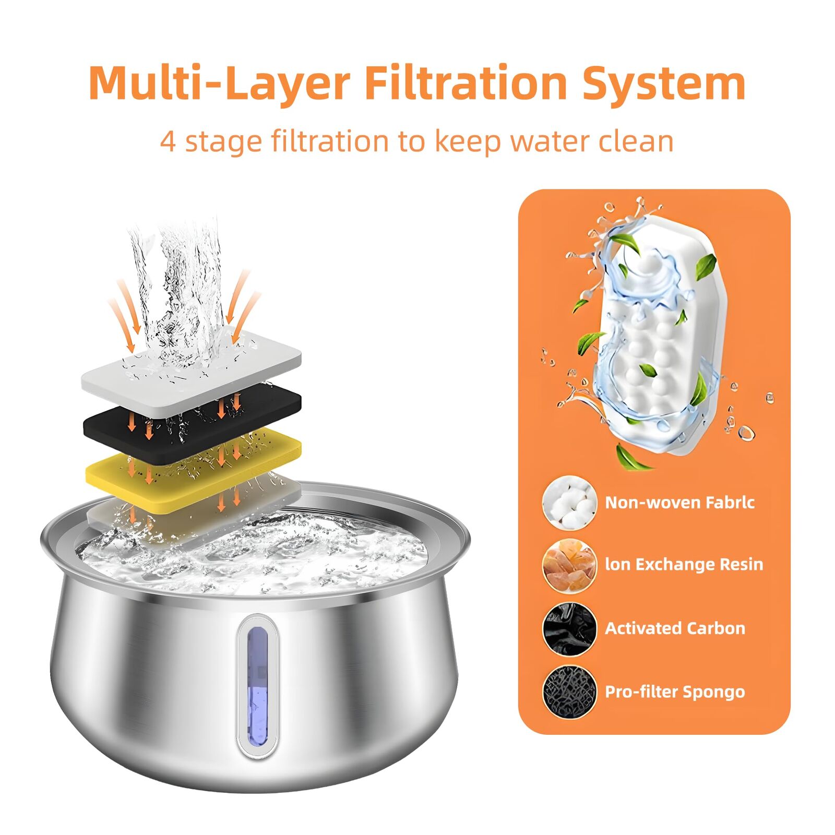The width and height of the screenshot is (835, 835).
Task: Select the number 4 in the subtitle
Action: (168, 141)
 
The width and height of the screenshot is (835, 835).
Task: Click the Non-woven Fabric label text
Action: (679, 502)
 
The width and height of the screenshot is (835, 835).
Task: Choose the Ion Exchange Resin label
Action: (684, 564)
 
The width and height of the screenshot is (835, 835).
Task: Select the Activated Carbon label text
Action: (675, 628)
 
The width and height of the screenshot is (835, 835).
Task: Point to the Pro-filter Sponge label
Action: (675, 691)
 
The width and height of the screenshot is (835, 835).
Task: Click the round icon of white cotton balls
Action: (569, 503)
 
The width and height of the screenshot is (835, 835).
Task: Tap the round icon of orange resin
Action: (569, 566)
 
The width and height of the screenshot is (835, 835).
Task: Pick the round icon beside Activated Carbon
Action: (569, 629)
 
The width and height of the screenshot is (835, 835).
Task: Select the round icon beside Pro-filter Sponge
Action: (569, 692)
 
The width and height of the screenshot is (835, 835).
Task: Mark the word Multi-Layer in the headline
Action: (219, 83)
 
